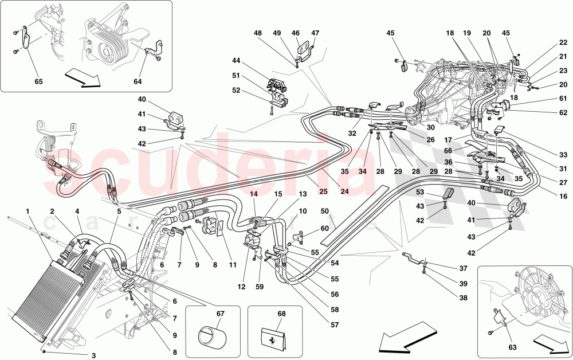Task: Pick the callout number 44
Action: tap(237, 61)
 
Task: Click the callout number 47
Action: tap(315, 33)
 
